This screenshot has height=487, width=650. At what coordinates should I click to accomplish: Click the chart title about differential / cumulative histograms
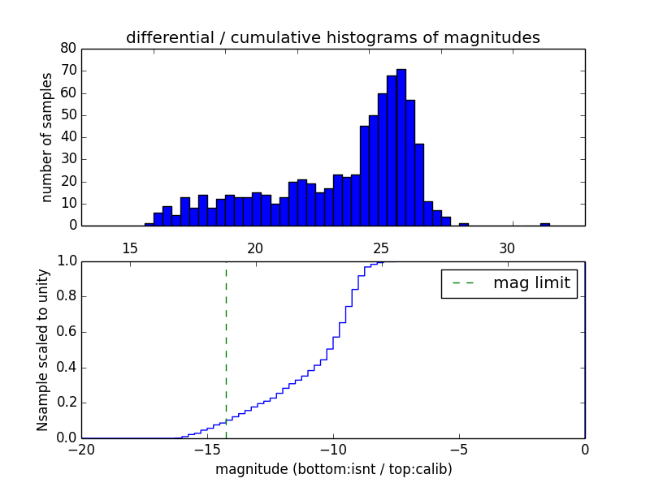tap(332, 38)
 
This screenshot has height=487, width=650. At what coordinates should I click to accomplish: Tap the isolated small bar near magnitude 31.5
tap(544, 224)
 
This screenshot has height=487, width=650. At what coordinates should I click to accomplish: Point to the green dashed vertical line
tap(226, 349)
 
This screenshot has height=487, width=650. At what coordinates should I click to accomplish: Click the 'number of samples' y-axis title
tap(47, 137)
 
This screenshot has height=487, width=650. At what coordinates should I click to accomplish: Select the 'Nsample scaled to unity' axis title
tap(42, 349)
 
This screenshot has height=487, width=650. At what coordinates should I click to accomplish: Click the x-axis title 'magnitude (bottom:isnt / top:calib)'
tap(333, 469)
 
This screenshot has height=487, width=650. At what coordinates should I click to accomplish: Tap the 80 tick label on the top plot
tap(68, 48)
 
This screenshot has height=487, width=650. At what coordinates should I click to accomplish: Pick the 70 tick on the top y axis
tap(68, 71)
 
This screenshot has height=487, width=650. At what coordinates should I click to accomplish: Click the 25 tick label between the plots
tap(381, 248)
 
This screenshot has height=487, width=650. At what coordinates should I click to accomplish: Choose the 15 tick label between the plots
tap(129, 248)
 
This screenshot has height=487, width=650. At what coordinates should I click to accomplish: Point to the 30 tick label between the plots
tap(507, 248)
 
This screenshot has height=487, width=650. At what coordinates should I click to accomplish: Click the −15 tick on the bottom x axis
tap(206, 450)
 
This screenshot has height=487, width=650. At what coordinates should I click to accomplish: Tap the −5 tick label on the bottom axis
tap(458, 450)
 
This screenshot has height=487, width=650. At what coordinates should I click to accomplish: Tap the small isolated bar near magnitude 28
tap(463, 224)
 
